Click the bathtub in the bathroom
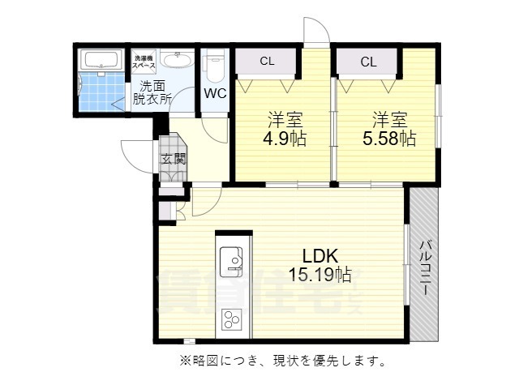101,60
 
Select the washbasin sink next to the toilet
176,61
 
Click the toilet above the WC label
215,62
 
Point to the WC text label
215,92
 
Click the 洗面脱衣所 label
152,93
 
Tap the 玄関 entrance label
172,159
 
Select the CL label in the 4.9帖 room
267,62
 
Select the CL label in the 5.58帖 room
368,62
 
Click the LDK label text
320,252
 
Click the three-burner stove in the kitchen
233,318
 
